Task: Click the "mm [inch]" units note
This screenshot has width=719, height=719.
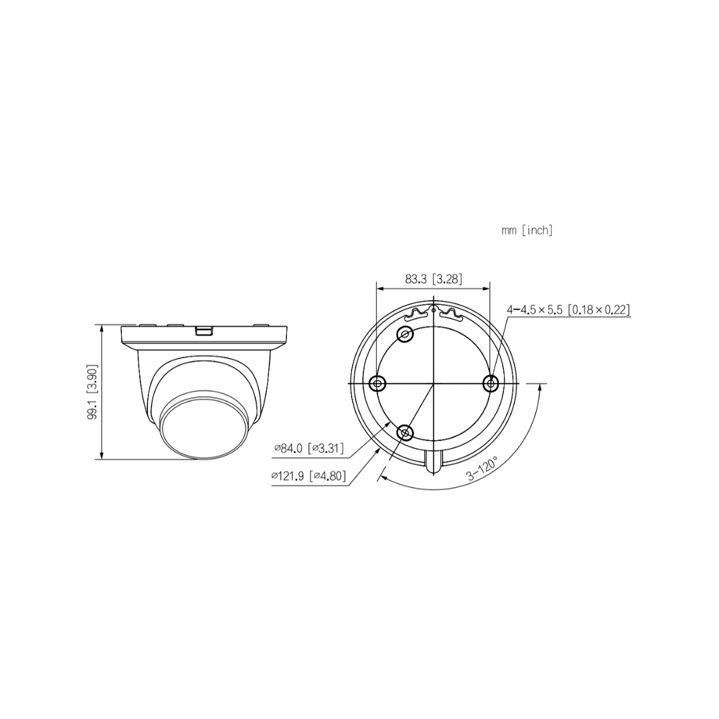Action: [527, 230]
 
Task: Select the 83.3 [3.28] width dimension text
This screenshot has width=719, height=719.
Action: [433, 278]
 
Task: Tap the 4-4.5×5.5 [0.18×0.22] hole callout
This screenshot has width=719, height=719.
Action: [568, 310]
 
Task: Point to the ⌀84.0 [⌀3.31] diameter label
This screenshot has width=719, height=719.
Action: [309, 449]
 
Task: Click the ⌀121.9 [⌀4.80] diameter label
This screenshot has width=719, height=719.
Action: [308, 476]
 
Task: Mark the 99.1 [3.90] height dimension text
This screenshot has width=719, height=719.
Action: [93, 391]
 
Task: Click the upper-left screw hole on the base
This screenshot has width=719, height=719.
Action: [404, 335]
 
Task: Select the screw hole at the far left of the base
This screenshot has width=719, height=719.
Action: [377, 383]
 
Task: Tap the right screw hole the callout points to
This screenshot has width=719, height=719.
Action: [491, 383]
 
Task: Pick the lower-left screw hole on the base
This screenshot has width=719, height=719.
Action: [404, 433]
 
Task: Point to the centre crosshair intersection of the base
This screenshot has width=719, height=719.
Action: [433, 383]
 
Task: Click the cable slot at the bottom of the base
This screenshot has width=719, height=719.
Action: [433, 461]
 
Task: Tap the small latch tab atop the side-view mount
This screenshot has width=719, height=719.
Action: [204, 329]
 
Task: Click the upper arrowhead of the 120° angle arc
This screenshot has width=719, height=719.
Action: [537, 388]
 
